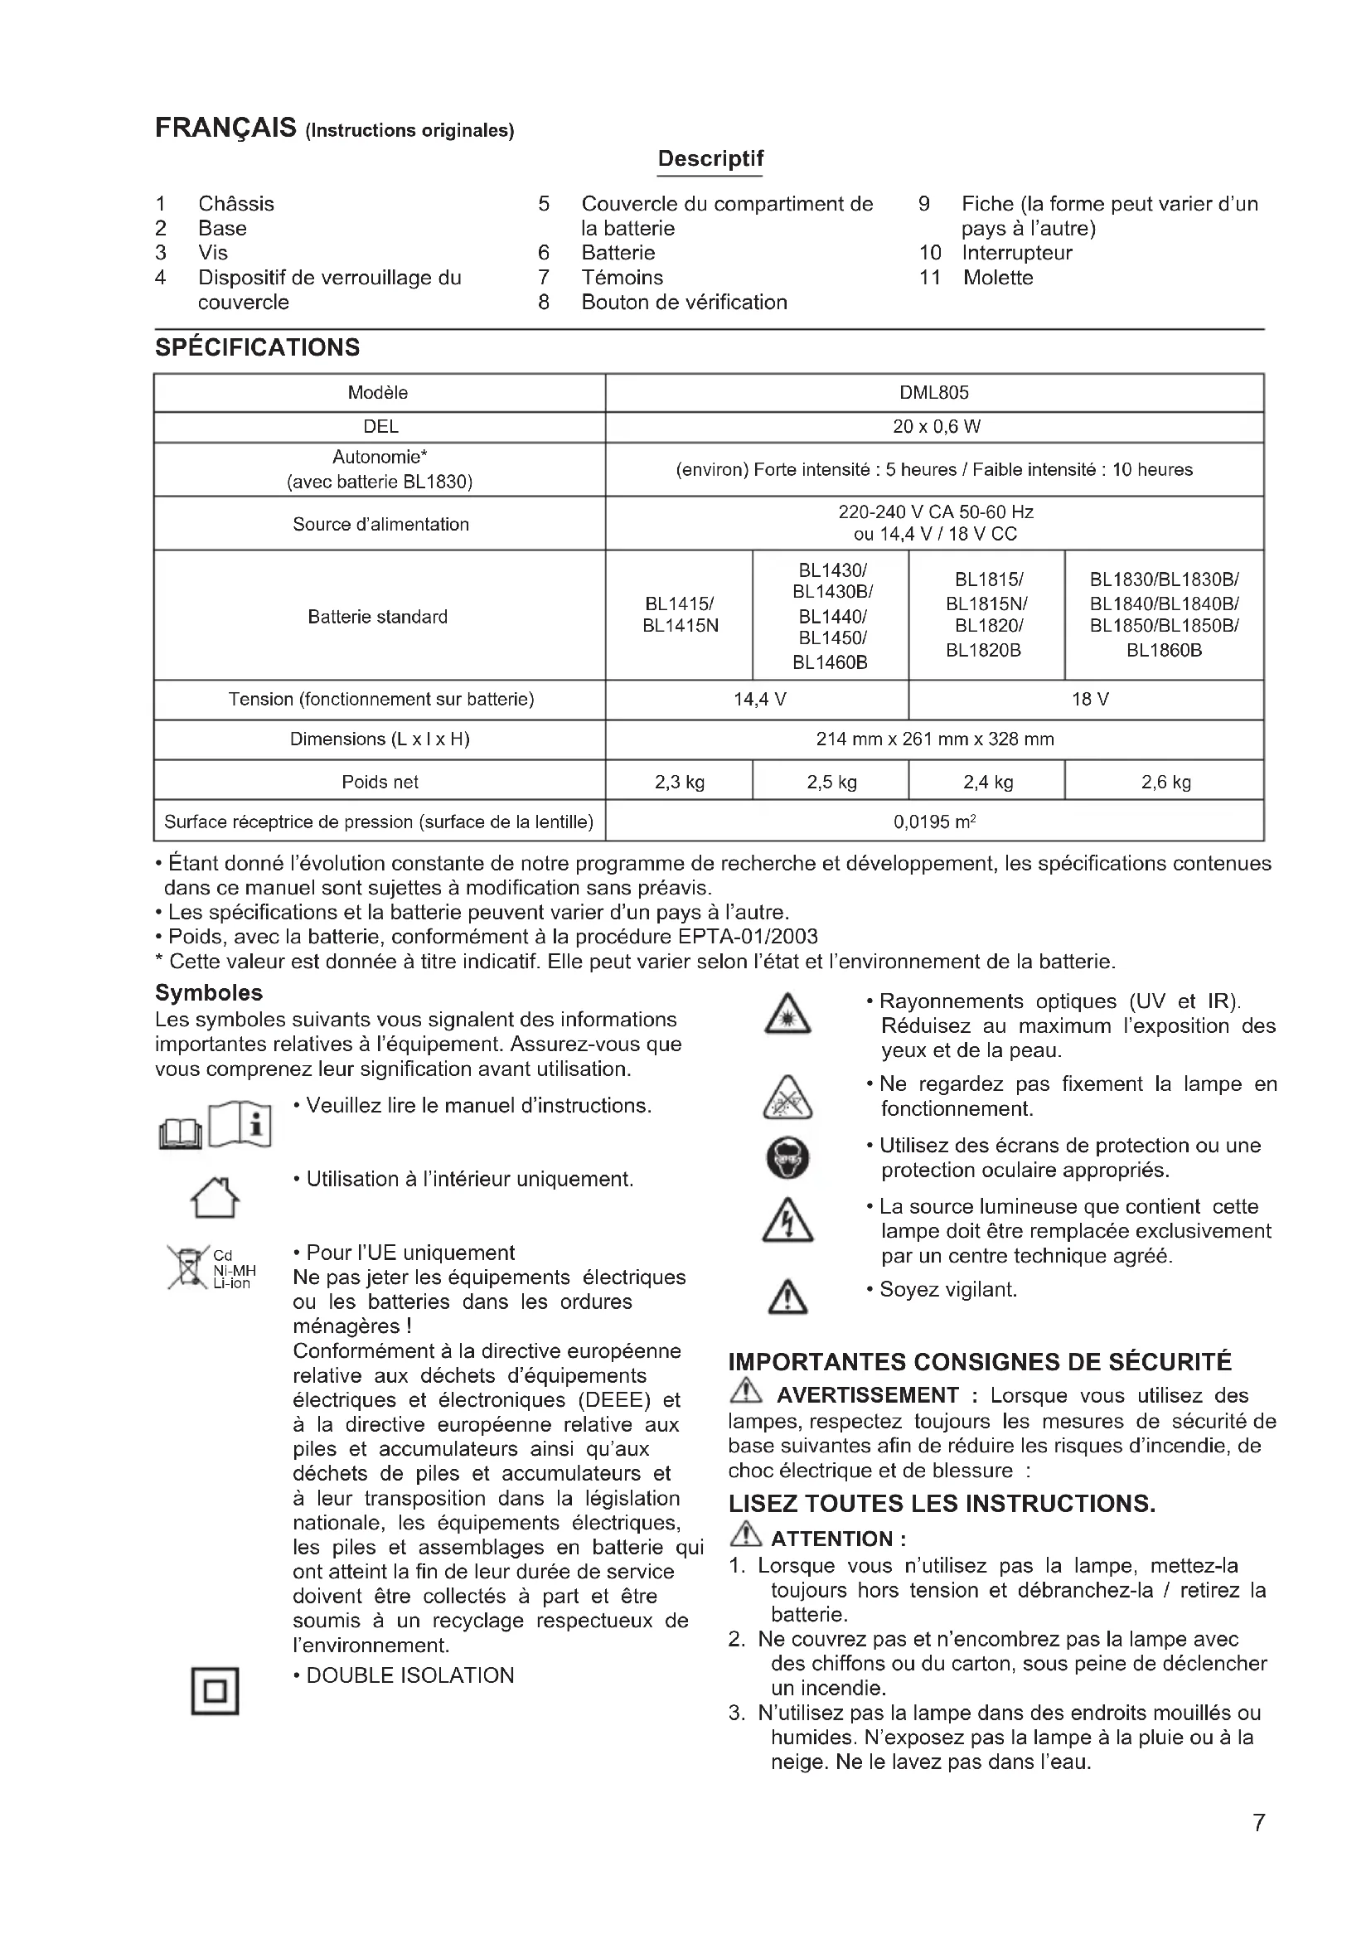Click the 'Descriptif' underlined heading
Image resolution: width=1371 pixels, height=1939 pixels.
pos(710,159)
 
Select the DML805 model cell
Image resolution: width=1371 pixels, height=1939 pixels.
pos(933,393)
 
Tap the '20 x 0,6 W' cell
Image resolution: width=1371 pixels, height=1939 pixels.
pos(933,426)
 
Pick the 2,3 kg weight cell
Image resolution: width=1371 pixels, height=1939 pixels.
pos(679,782)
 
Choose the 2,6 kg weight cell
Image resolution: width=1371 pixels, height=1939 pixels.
pos(1165,782)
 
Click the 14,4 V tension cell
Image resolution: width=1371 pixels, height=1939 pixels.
pos(759,700)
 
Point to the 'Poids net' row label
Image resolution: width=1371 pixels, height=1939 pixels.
pos(379,782)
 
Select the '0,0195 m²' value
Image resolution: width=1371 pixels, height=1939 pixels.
pos(933,822)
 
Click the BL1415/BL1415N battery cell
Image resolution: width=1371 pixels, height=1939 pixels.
pos(679,615)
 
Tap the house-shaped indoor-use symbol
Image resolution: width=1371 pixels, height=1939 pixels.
pos(215,1198)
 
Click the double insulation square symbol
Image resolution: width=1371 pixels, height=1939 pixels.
pos(215,1690)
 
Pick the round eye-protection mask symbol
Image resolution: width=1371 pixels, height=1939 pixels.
pos(787,1158)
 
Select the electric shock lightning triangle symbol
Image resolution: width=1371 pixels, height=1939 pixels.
pos(787,1222)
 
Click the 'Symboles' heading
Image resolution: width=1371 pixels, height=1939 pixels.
pos(209,993)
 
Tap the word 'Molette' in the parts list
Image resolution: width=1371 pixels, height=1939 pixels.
pos(998,278)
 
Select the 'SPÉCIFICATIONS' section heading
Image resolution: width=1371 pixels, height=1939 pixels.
pos(257,348)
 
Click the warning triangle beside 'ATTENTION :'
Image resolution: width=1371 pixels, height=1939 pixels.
pos(746,1533)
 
